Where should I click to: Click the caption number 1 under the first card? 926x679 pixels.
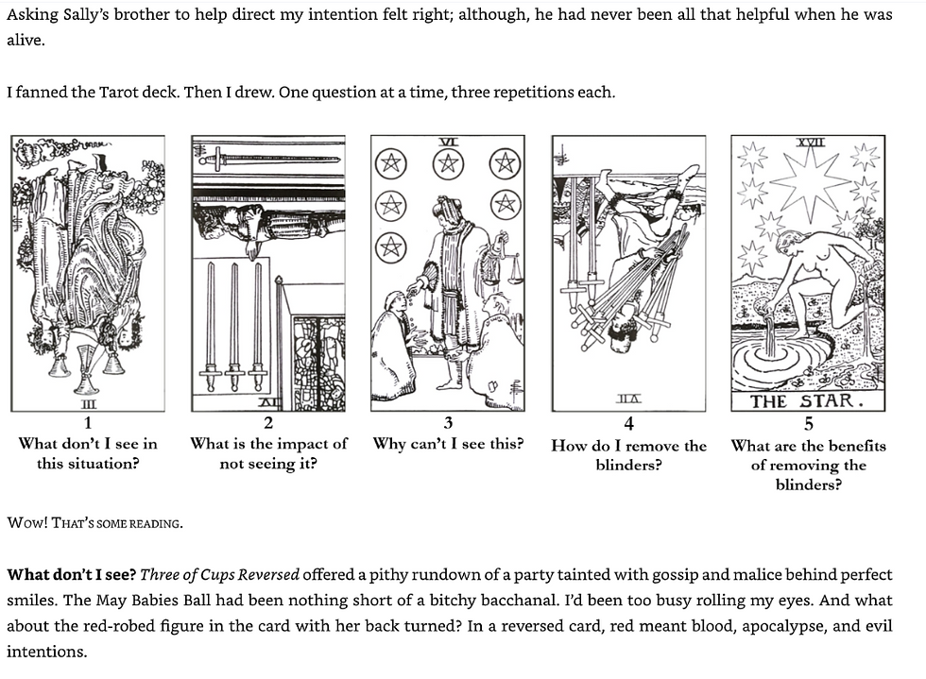[x=88, y=423]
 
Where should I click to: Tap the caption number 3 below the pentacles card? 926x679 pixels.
[x=448, y=423]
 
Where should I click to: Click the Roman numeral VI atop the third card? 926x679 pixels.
[x=449, y=142]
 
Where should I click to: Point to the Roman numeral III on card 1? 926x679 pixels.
[x=88, y=405]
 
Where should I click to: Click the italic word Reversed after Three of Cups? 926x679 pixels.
[x=265, y=574]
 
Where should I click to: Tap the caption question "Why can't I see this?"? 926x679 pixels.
[x=448, y=443]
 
